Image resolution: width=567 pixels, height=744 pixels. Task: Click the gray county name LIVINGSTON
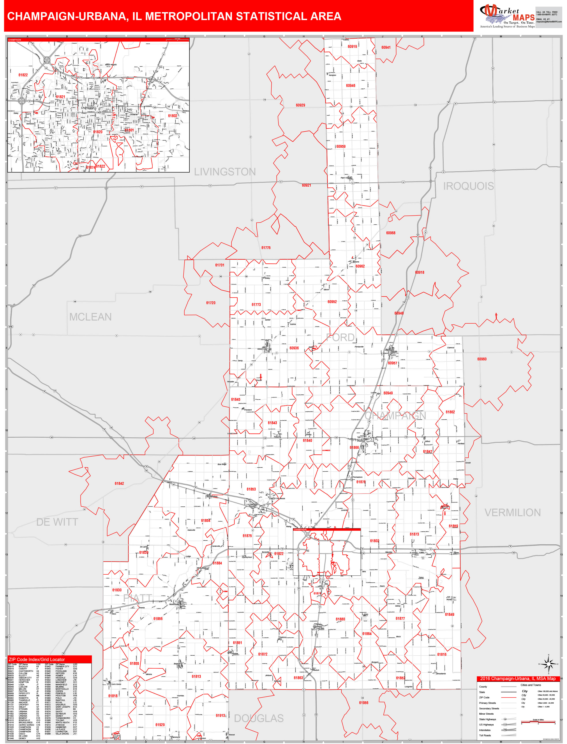click(225, 172)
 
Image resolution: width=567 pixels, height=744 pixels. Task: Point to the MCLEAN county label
click(90, 317)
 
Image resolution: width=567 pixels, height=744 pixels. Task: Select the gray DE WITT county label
click(57, 522)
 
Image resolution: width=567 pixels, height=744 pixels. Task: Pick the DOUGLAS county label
click(259, 718)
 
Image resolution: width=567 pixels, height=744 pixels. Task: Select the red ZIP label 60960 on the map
click(482, 359)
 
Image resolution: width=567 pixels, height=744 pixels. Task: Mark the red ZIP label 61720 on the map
click(211, 303)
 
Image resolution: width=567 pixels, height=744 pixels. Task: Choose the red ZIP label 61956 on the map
click(364, 703)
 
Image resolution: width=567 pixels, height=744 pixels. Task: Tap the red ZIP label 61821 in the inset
click(60, 97)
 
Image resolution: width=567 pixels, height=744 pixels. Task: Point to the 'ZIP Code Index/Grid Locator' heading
click(36, 660)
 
